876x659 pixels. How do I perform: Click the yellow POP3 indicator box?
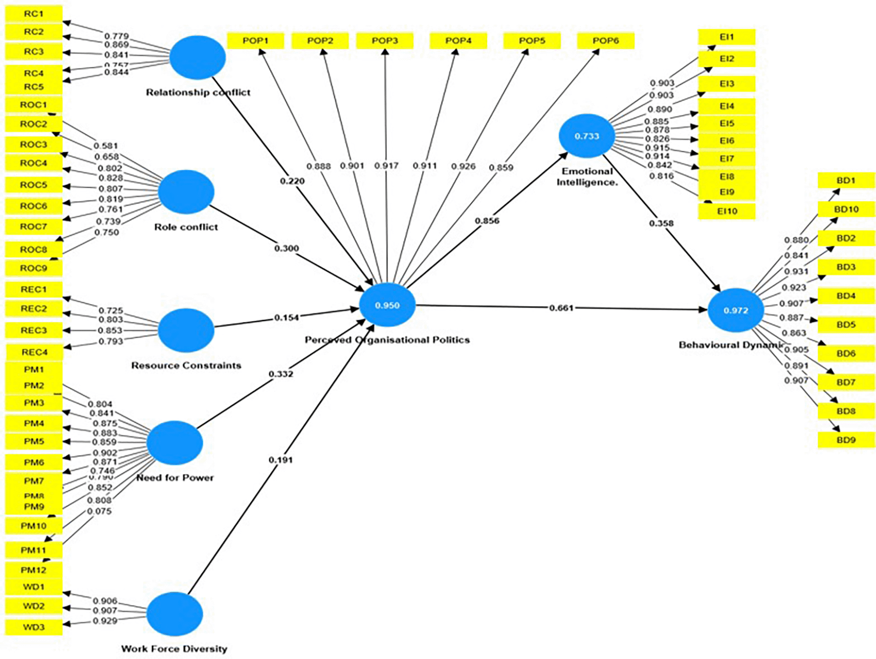pos(385,40)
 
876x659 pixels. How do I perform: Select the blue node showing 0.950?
pos(387,305)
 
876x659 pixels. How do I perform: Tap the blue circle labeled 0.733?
pos(586,136)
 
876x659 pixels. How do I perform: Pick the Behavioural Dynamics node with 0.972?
pos(736,310)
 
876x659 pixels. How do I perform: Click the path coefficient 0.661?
pos(561,308)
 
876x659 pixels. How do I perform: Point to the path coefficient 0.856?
pos(487,221)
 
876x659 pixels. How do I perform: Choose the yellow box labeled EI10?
pos(727,211)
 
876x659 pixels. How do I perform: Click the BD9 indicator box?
pos(846,440)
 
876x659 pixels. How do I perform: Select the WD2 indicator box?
pos(34,606)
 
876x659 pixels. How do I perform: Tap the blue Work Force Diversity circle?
pos(174,613)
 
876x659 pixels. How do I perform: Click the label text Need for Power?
pos(175,478)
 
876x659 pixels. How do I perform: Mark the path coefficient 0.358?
pos(661,223)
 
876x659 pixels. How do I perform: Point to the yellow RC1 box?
pos(34,14)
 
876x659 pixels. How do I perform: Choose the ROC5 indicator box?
pos(34,185)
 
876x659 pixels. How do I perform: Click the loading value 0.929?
pos(105,621)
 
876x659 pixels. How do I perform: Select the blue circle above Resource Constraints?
pos(186,330)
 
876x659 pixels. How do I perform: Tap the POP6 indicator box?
pos(606,40)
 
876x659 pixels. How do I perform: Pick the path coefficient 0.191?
pos(280,460)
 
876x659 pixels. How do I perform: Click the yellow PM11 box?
pos(34,550)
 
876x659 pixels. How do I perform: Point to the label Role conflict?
pos(186,227)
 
